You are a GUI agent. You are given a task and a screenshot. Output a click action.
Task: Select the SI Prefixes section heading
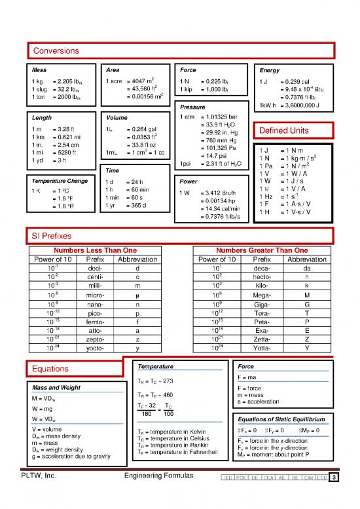50,235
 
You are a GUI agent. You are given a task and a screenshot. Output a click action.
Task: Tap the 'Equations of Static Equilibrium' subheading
279,419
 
